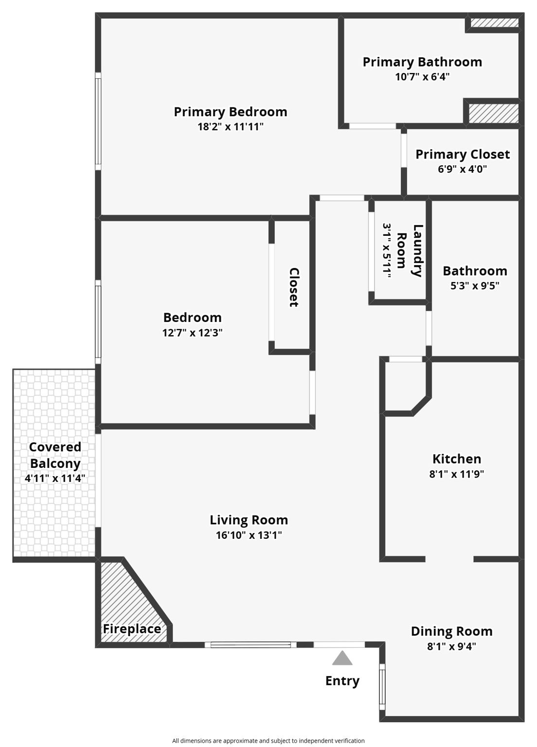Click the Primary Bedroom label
click(231, 112)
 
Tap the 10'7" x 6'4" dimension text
click(422, 77)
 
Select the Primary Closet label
click(463, 154)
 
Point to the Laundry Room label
click(410, 250)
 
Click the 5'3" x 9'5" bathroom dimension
click(475, 286)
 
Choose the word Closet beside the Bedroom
click(294, 287)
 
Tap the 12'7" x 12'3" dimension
click(193, 333)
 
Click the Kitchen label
click(457, 459)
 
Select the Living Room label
click(249, 520)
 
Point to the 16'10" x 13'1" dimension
click(249, 535)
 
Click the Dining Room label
click(451, 631)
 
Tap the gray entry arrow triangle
click(342, 658)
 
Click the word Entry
click(342, 681)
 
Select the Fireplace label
click(132, 629)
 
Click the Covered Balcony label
click(55, 455)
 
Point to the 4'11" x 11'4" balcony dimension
click(55, 479)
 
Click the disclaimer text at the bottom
click(268, 741)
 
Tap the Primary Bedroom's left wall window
click(98, 121)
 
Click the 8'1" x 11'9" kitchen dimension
click(456, 474)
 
